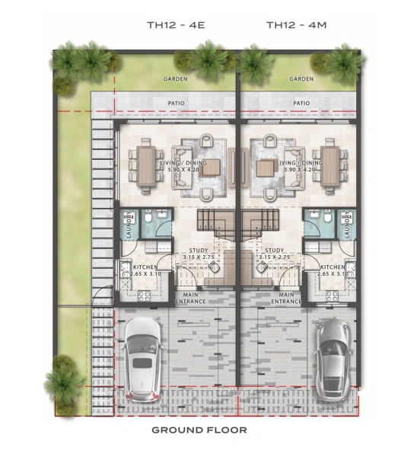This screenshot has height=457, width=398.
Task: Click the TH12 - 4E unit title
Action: coord(176,25)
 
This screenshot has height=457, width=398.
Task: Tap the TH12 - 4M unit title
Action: coord(296,25)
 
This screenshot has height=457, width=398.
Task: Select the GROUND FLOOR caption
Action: coord(199,430)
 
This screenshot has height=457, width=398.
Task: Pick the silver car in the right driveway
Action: coord(333,358)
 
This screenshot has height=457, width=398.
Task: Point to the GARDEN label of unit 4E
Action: coord(176,78)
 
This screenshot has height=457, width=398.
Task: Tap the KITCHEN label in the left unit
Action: coord(145,267)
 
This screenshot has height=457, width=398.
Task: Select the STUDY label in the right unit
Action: coord(273,251)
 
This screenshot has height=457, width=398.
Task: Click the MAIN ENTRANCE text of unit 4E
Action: coord(191,298)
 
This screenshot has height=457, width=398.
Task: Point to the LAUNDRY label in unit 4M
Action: coord(345,226)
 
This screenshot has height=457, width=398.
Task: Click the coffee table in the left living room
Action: coord(210,167)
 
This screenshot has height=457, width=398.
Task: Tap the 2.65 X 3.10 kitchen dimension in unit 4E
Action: coord(145,274)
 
